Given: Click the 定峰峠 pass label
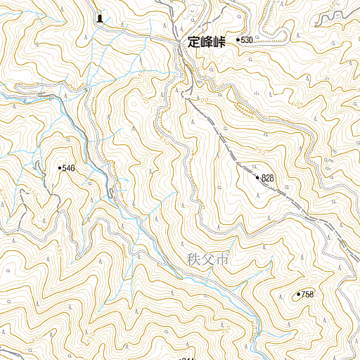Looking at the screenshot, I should (x=207, y=42).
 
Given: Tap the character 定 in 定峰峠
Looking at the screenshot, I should (x=195, y=42).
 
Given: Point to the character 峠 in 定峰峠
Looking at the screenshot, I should (x=219, y=42).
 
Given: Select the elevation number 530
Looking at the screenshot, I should (x=246, y=41).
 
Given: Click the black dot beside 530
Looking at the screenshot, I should (x=238, y=41).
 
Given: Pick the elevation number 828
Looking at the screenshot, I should (x=268, y=179).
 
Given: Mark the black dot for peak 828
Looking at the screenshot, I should (x=258, y=178).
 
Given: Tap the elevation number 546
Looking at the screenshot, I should (x=68, y=168).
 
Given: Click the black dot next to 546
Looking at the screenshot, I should (x=60, y=168).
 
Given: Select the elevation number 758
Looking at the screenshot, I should (x=307, y=295).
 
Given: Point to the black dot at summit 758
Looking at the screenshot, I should (x=299, y=294).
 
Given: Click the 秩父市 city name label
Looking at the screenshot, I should (x=208, y=259).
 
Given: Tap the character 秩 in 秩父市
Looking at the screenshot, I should (x=194, y=259).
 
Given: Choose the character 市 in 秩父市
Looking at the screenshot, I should (x=222, y=259).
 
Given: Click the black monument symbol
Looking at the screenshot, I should (x=100, y=18).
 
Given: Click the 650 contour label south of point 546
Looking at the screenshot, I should (x=59, y=250).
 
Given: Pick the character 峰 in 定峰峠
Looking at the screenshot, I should (x=207, y=42).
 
